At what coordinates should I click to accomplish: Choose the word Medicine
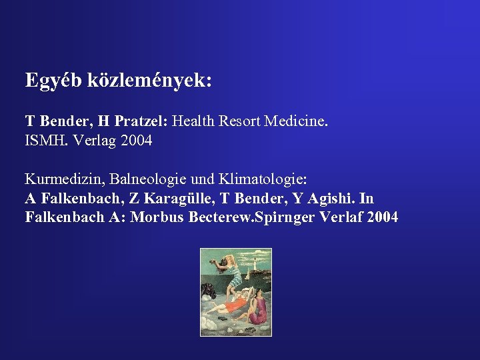point(297,121)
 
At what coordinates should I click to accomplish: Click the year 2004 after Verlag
point(133,141)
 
